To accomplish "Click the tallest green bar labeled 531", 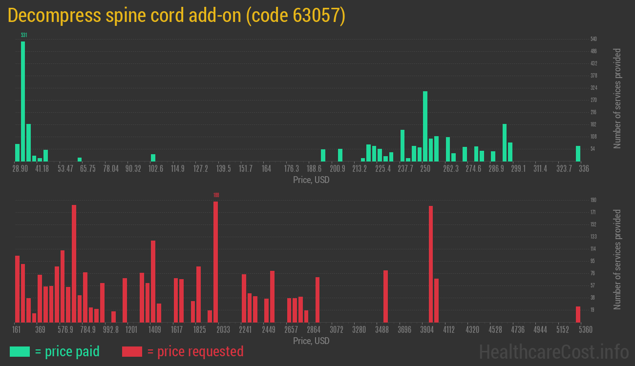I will click(23, 101).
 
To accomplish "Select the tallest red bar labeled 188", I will click(215, 262).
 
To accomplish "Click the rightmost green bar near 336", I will click(578, 153).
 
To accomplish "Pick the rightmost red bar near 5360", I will click(578, 314).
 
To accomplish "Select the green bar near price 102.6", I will click(153, 158).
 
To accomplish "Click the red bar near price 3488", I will click(385, 296).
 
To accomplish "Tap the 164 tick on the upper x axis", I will click(266, 169).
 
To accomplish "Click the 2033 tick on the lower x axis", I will click(223, 330).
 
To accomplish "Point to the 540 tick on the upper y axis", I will click(593, 39).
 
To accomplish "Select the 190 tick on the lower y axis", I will click(593, 200).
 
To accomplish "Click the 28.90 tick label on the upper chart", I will click(20, 169).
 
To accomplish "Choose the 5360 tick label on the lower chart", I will click(586, 330).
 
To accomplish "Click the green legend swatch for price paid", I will click(20, 351).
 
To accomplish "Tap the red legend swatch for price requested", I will click(132, 351).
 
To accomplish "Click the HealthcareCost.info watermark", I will click(553, 351).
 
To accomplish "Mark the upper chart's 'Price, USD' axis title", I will click(311, 180).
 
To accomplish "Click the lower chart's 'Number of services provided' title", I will click(617, 259).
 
